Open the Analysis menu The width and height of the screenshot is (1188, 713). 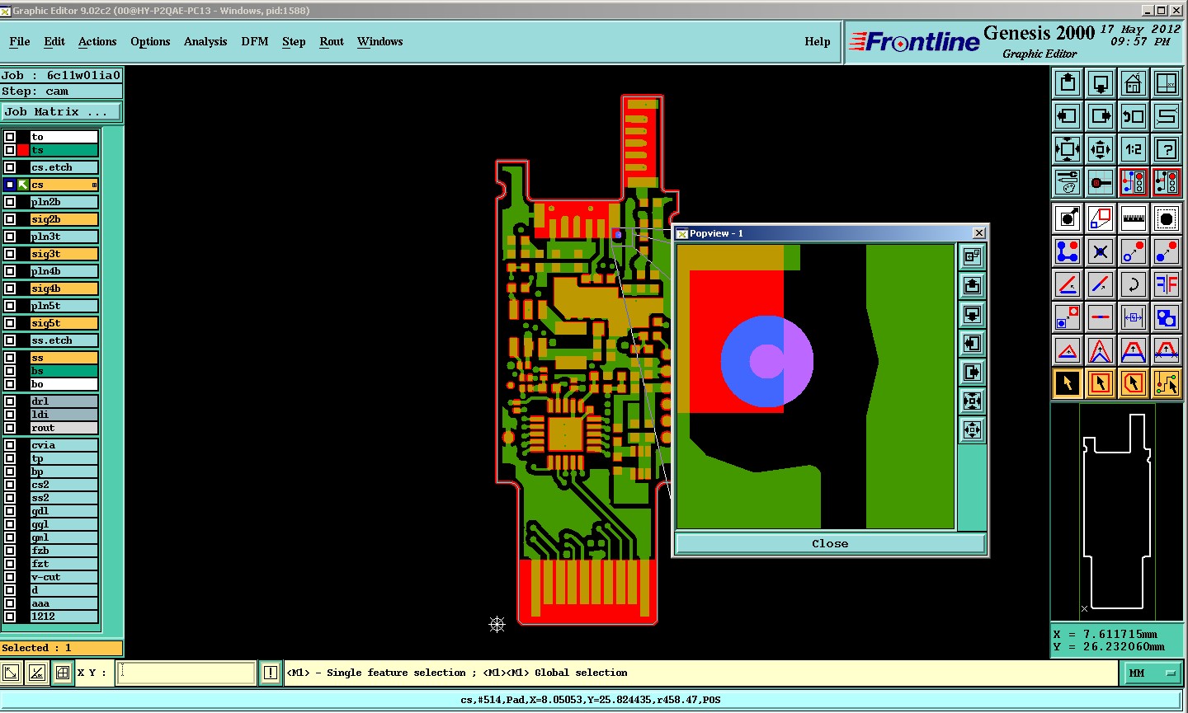coord(205,41)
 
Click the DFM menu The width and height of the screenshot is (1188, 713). coord(255,41)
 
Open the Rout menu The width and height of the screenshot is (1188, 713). coord(332,41)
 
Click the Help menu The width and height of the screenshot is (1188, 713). coord(817,41)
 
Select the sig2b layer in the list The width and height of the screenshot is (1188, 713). coord(64,219)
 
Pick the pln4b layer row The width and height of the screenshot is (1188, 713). coord(64,271)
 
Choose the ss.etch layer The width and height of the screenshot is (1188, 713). coord(64,340)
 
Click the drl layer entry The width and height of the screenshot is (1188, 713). coord(64,401)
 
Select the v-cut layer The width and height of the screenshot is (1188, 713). coord(64,577)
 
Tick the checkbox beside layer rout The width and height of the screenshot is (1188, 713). coord(10,428)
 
